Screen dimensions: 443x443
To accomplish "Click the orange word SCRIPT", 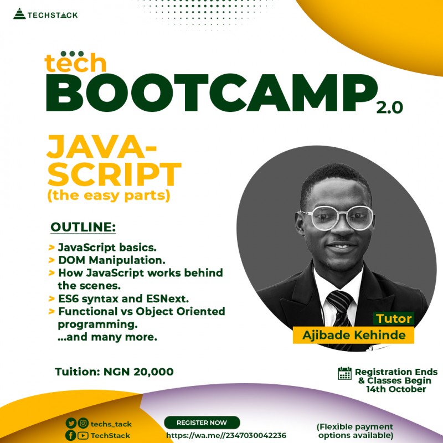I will [x=114, y=175].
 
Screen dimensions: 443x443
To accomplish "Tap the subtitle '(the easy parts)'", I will [x=109, y=195].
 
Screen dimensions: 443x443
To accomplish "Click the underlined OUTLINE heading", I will [x=84, y=228].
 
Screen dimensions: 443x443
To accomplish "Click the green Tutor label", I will [x=394, y=318].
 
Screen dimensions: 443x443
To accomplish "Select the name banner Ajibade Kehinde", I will [x=354, y=335].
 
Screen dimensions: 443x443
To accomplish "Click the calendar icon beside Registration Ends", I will [x=344, y=373].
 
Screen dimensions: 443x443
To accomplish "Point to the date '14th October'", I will [x=395, y=389].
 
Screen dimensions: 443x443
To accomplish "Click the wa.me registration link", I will [x=226, y=435].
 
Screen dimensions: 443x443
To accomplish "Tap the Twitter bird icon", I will [x=70, y=424].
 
